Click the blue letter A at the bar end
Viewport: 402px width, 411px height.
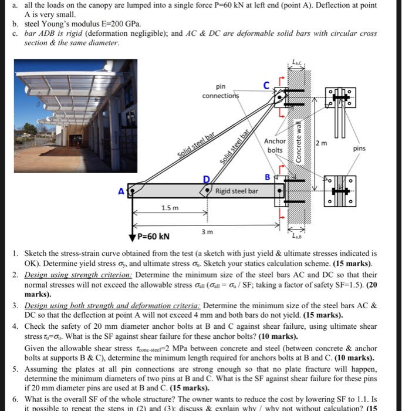pos(121,190)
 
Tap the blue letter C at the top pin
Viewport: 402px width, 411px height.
pos(266,85)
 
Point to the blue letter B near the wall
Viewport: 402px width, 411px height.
pos(268,177)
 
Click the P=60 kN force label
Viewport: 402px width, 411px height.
pos(153,237)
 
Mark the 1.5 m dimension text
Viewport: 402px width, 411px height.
pos(169,209)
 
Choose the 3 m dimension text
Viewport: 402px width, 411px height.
pos(205,233)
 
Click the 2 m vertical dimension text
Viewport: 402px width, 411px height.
pos(322,143)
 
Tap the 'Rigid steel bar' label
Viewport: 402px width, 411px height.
pos(237,191)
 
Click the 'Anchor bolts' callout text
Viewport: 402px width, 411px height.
pos(275,146)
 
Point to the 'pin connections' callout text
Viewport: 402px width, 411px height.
pos(220,91)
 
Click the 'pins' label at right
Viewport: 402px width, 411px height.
pos(359,149)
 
